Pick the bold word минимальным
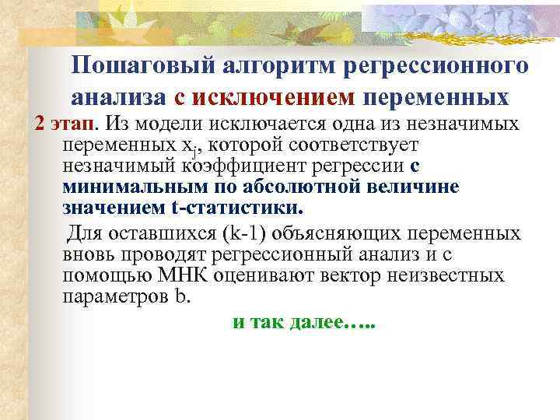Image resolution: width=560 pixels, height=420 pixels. (x=127, y=187)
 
